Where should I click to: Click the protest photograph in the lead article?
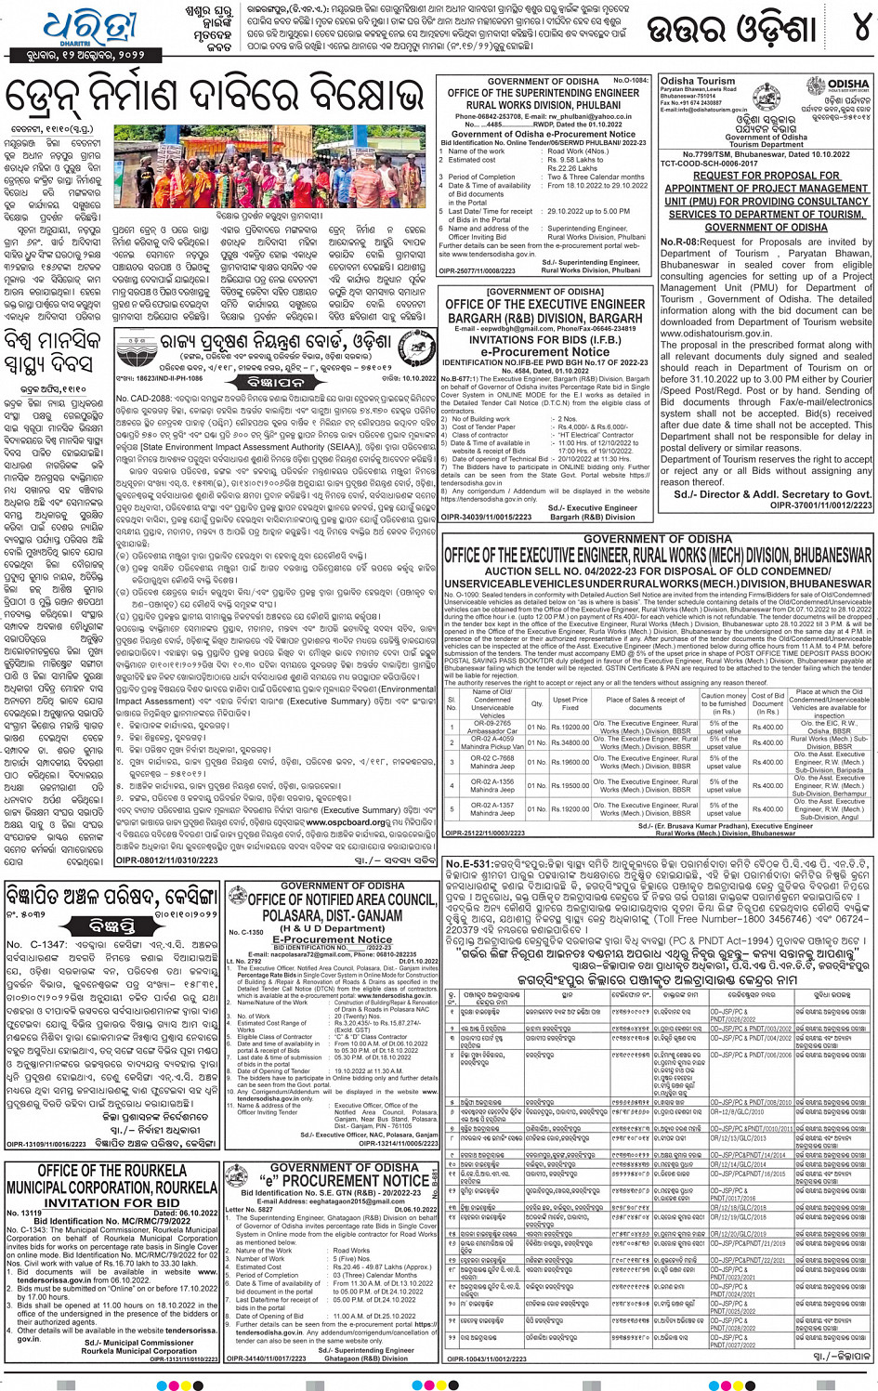coord(269,167)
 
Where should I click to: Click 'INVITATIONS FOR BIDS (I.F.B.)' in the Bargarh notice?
coord(544,339)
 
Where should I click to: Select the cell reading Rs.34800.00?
coord(570,742)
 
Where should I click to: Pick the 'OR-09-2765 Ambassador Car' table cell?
coord(491,727)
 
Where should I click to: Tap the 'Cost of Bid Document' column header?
coord(767,702)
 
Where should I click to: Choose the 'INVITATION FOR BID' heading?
coord(112,1202)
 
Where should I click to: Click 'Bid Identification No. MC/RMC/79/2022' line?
coord(111,1221)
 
